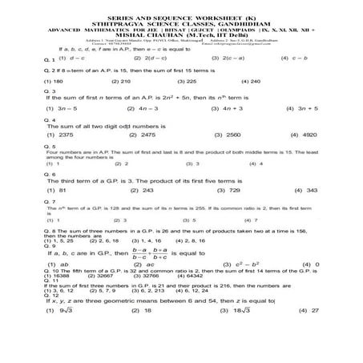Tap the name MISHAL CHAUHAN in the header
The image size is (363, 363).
(x=158, y=37)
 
